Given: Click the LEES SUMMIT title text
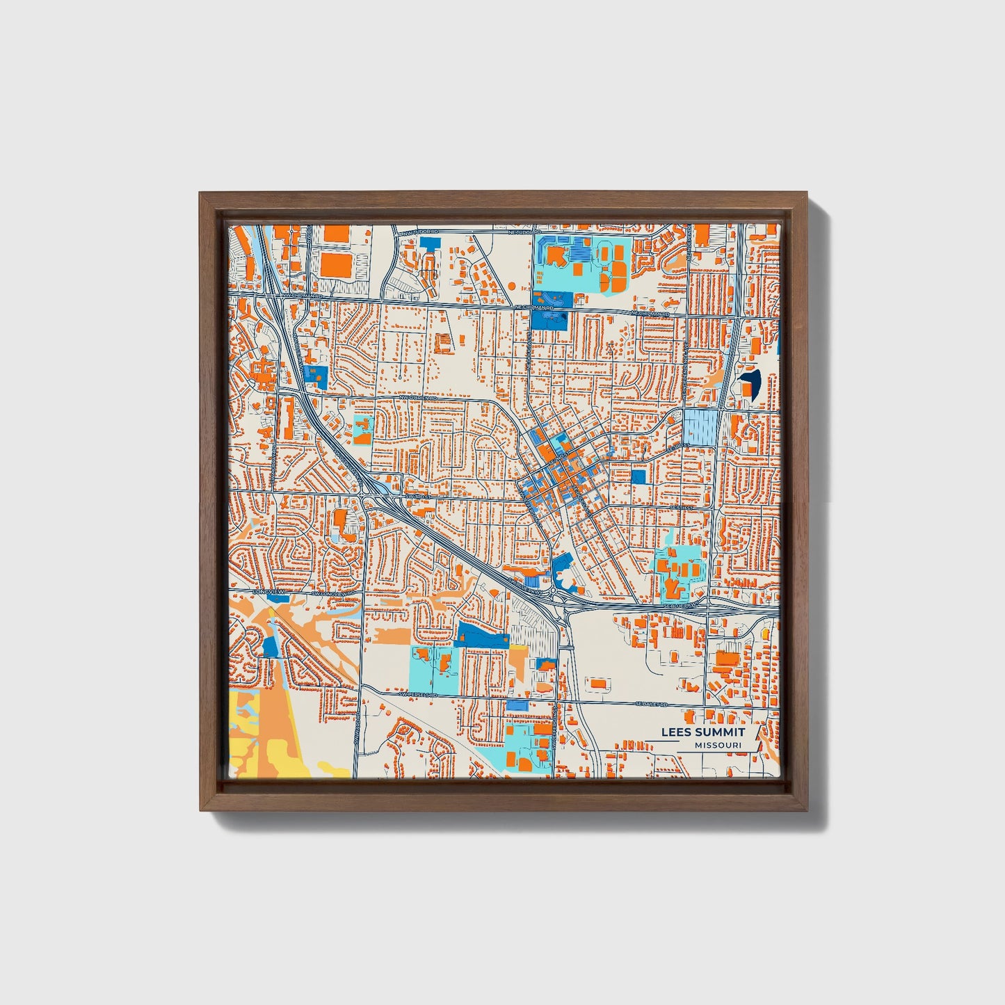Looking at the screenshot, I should coord(702,732).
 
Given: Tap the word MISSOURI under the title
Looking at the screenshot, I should coord(718,746).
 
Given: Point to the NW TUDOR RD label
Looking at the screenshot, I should coord(421,232).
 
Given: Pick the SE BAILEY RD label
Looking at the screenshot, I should coord(651,704).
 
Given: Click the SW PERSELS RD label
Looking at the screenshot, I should coord(417,694).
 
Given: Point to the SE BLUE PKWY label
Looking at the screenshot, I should coord(679,606).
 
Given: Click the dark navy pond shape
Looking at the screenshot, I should coord(751,381).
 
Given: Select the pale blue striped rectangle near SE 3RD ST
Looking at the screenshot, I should coord(700,427).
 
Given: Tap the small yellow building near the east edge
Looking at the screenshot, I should coord(766,634).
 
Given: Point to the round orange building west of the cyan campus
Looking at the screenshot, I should coord(512,285).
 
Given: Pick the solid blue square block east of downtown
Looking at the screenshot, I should coord(638,476).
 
